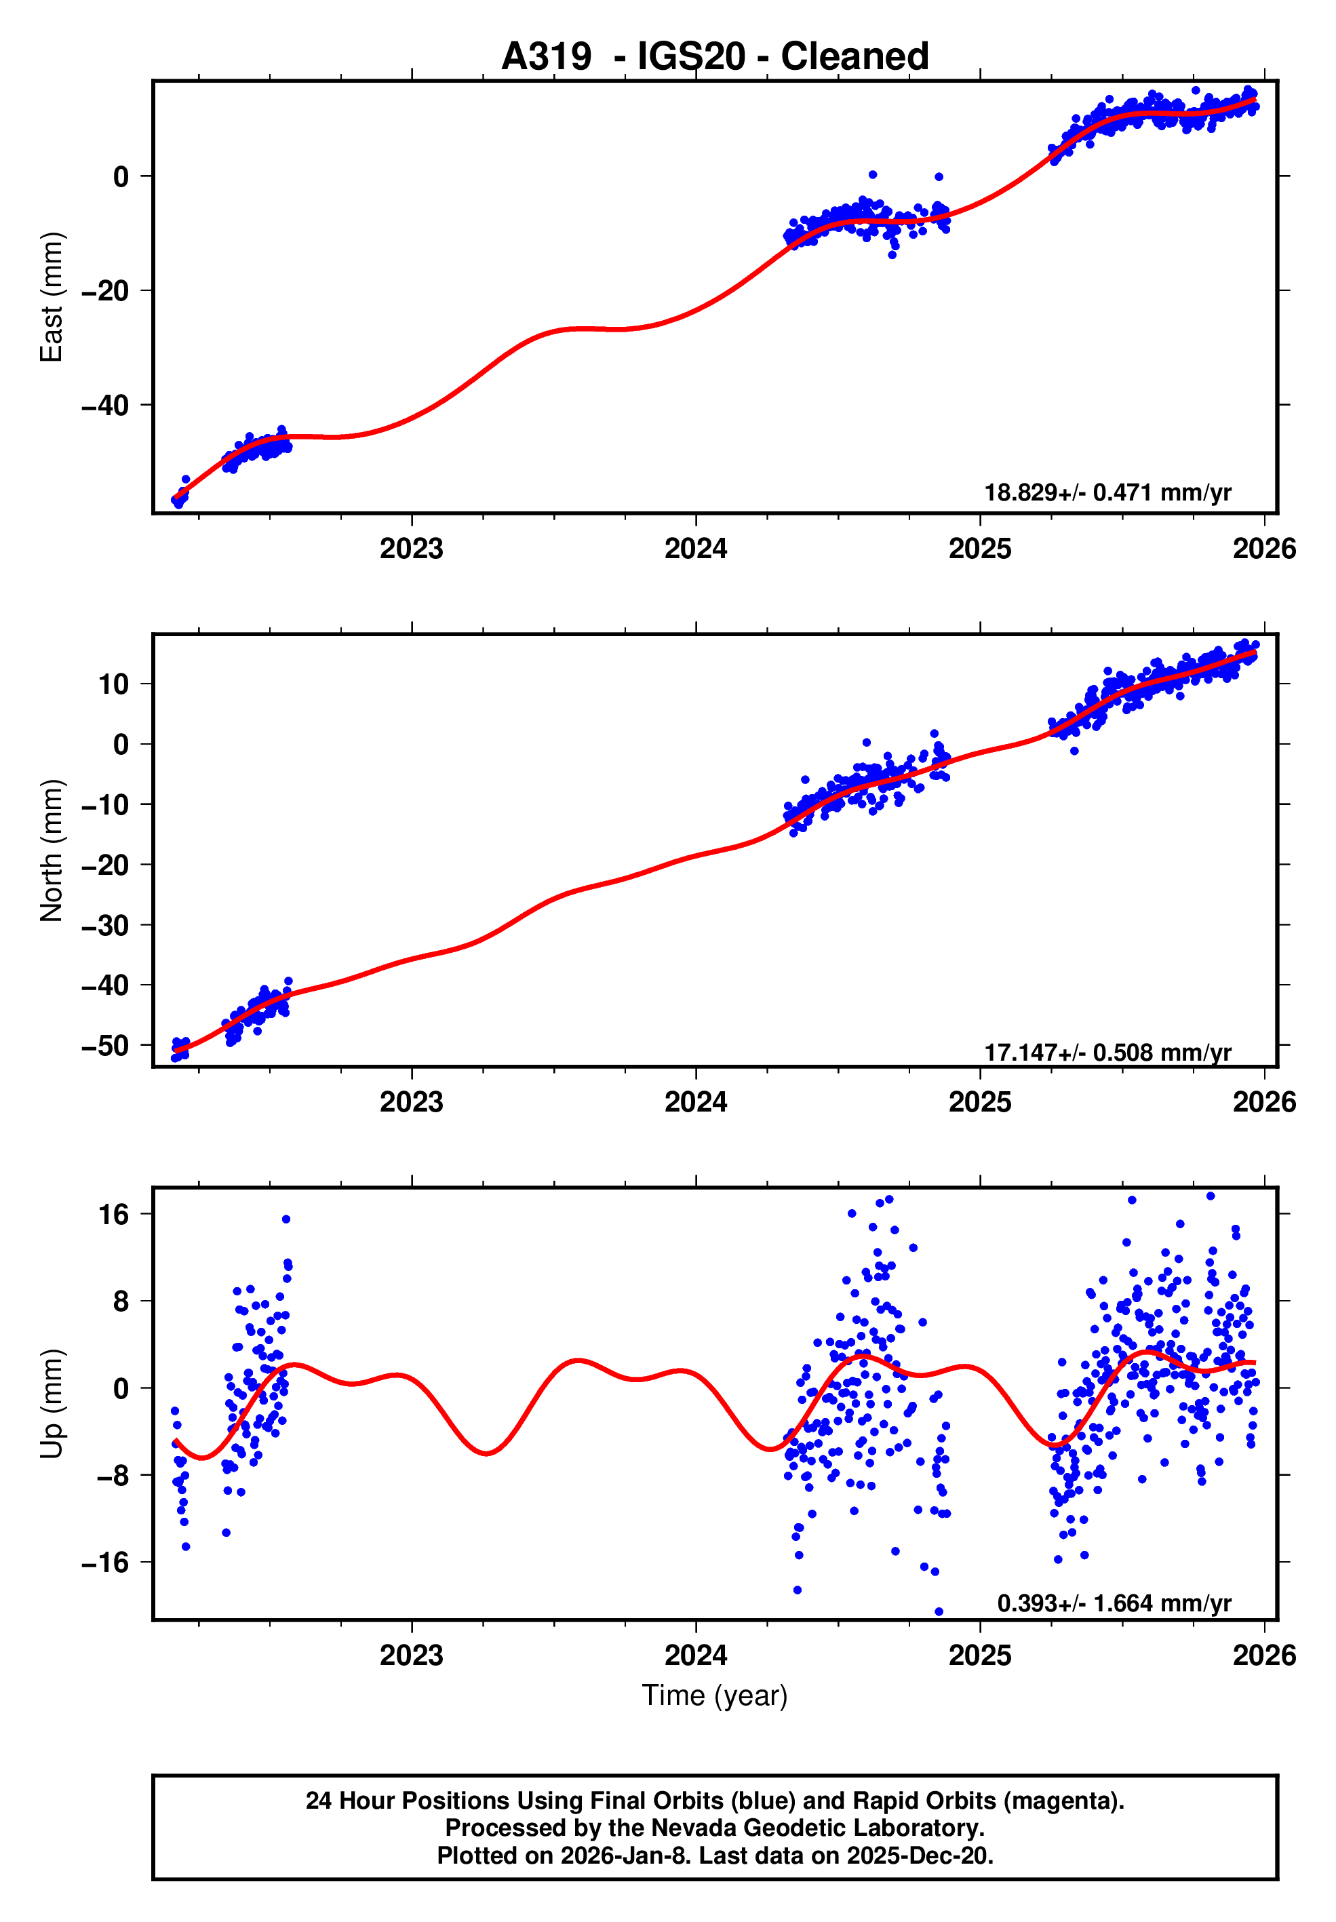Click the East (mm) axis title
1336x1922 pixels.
click(52, 297)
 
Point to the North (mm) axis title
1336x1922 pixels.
click(52, 850)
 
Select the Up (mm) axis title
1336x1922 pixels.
click(52, 1404)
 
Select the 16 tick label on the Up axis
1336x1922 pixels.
click(114, 1215)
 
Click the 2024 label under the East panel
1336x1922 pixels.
click(696, 549)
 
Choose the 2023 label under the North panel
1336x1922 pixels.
click(411, 1103)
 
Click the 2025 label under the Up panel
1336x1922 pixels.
click(979, 1655)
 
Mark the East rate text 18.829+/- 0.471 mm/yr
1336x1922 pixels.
click(1107, 492)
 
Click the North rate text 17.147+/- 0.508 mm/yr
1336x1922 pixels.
click(1107, 1053)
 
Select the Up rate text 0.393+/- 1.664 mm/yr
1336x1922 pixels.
click(1114, 1603)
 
